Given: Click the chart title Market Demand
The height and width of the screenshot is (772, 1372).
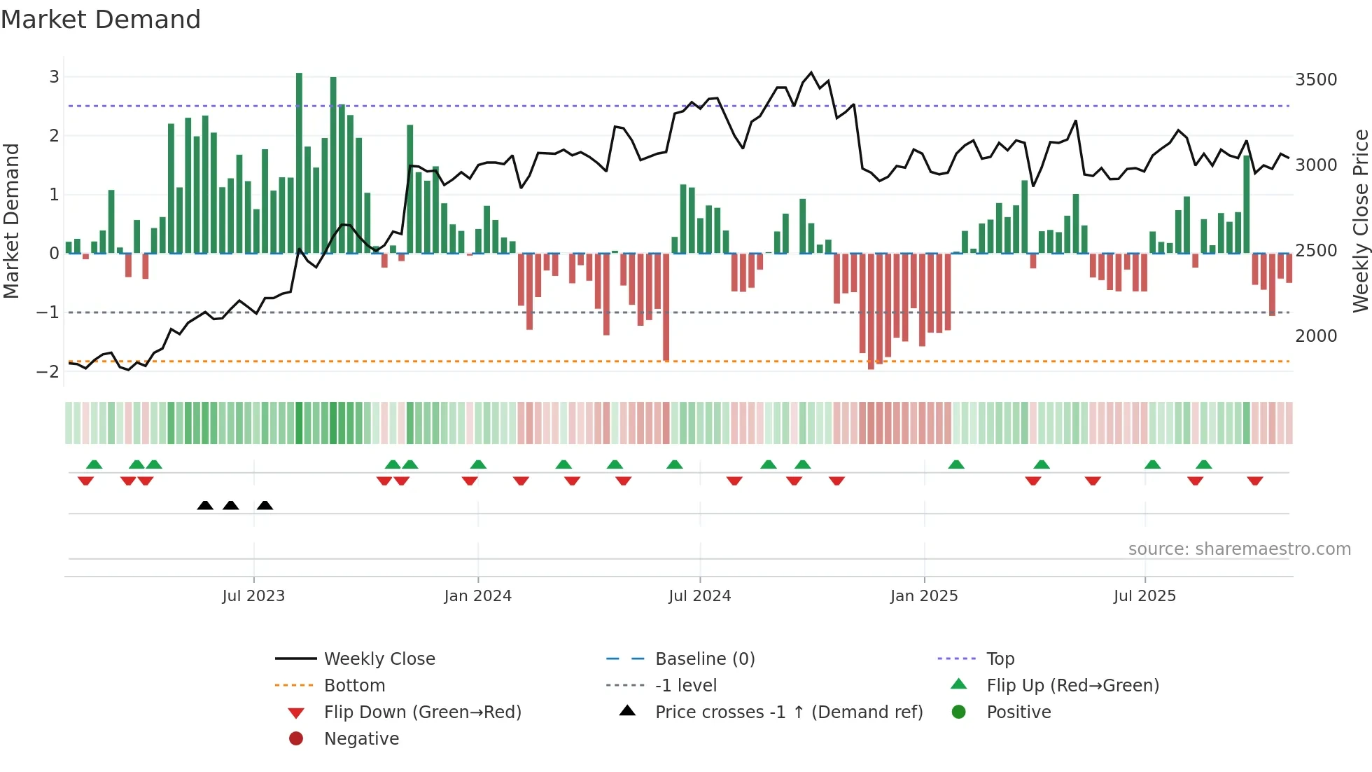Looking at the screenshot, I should pyautogui.click(x=101, y=20).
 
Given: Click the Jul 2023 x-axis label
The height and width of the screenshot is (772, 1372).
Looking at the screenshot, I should pyautogui.click(x=253, y=596).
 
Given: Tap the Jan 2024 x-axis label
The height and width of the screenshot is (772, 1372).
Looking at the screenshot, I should pyautogui.click(x=477, y=596).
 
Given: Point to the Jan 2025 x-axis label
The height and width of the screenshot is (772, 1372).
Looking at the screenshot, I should pyautogui.click(x=924, y=596).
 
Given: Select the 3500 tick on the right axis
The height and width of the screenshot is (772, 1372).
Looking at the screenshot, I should pyautogui.click(x=1316, y=80).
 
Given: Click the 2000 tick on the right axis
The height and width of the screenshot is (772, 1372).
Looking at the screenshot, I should pyautogui.click(x=1316, y=336).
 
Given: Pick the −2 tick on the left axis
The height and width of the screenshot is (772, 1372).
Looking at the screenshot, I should pyautogui.click(x=48, y=372).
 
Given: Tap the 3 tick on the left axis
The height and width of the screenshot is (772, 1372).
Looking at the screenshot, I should pyautogui.click(x=54, y=77).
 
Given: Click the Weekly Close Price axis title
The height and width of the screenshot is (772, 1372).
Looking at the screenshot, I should pyautogui.click(x=1360, y=221).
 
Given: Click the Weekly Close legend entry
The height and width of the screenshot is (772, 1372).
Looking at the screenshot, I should pyautogui.click(x=379, y=659).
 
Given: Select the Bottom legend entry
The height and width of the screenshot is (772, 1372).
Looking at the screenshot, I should pyautogui.click(x=354, y=686).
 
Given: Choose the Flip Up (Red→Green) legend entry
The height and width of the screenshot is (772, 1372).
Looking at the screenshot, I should pyautogui.click(x=1072, y=686).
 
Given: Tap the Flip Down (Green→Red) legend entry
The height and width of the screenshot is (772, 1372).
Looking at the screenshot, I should pyautogui.click(x=422, y=712).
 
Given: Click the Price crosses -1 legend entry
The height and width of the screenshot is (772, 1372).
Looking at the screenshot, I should pyautogui.click(x=788, y=712).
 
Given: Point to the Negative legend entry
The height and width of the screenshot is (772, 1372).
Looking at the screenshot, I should pyautogui.click(x=361, y=739).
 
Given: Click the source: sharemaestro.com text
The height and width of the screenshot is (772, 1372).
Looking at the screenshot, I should pyautogui.click(x=1239, y=549).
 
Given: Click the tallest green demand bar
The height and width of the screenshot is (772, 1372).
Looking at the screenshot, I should pyautogui.click(x=299, y=163).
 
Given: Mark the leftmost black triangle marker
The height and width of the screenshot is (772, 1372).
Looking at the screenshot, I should pyautogui.click(x=205, y=505).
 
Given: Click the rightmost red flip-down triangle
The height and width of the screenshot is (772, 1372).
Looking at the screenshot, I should pyautogui.click(x=1254, y=481).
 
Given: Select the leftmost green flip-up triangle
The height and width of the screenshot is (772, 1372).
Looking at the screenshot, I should pyautogui.click(x=94, y=464).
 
